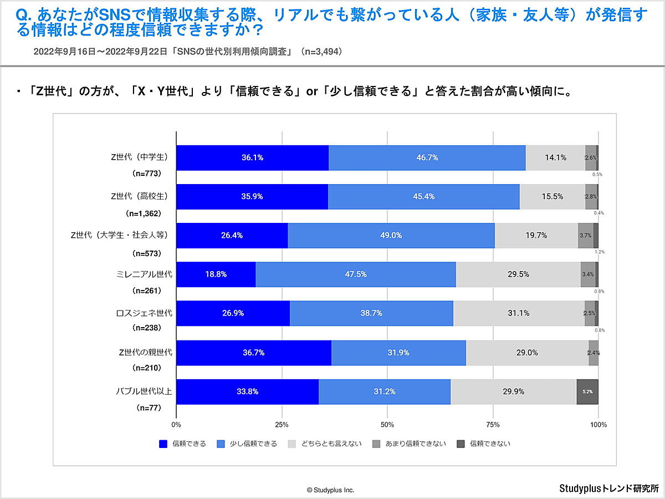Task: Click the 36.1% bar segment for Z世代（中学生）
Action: click(252, 157)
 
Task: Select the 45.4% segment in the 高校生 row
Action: click(424, 196)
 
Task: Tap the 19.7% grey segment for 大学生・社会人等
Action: click(536, 235)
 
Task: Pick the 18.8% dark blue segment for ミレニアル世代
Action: click(216, 274)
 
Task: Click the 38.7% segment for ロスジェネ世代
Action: click(371, 313)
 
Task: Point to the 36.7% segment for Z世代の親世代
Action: click(253, 353)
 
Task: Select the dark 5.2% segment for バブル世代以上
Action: click(587, 391)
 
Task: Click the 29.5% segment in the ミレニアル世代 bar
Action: click(518, 274)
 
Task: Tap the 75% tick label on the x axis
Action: click(493, 425)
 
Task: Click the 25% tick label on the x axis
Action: click(282, 425)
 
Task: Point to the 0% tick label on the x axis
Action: click(176, 425)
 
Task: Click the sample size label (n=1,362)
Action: click(144, 213)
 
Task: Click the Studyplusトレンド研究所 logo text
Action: click(608, 488)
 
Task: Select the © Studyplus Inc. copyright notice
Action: click(330, 490)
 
